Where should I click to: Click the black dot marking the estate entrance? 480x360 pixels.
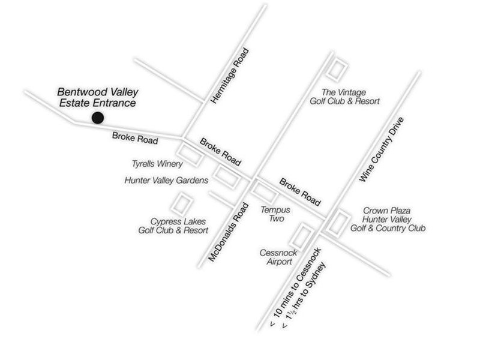[95, 118]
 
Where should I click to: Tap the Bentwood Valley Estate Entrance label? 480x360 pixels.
[98, 97]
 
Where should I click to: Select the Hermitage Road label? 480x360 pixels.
[229, 77]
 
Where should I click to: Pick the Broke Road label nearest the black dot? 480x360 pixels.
[135, 138]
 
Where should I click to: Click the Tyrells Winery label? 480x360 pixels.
[157, 163]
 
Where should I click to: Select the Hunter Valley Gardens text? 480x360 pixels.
[166, 180]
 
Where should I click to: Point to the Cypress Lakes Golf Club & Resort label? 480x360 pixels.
[173, 226]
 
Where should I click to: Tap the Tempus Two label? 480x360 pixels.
[275, 215]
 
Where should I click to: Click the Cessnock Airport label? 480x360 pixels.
[276, 257]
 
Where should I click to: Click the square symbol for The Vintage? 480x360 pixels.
[337, 70]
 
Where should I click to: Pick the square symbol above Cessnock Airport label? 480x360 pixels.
[304, 235]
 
